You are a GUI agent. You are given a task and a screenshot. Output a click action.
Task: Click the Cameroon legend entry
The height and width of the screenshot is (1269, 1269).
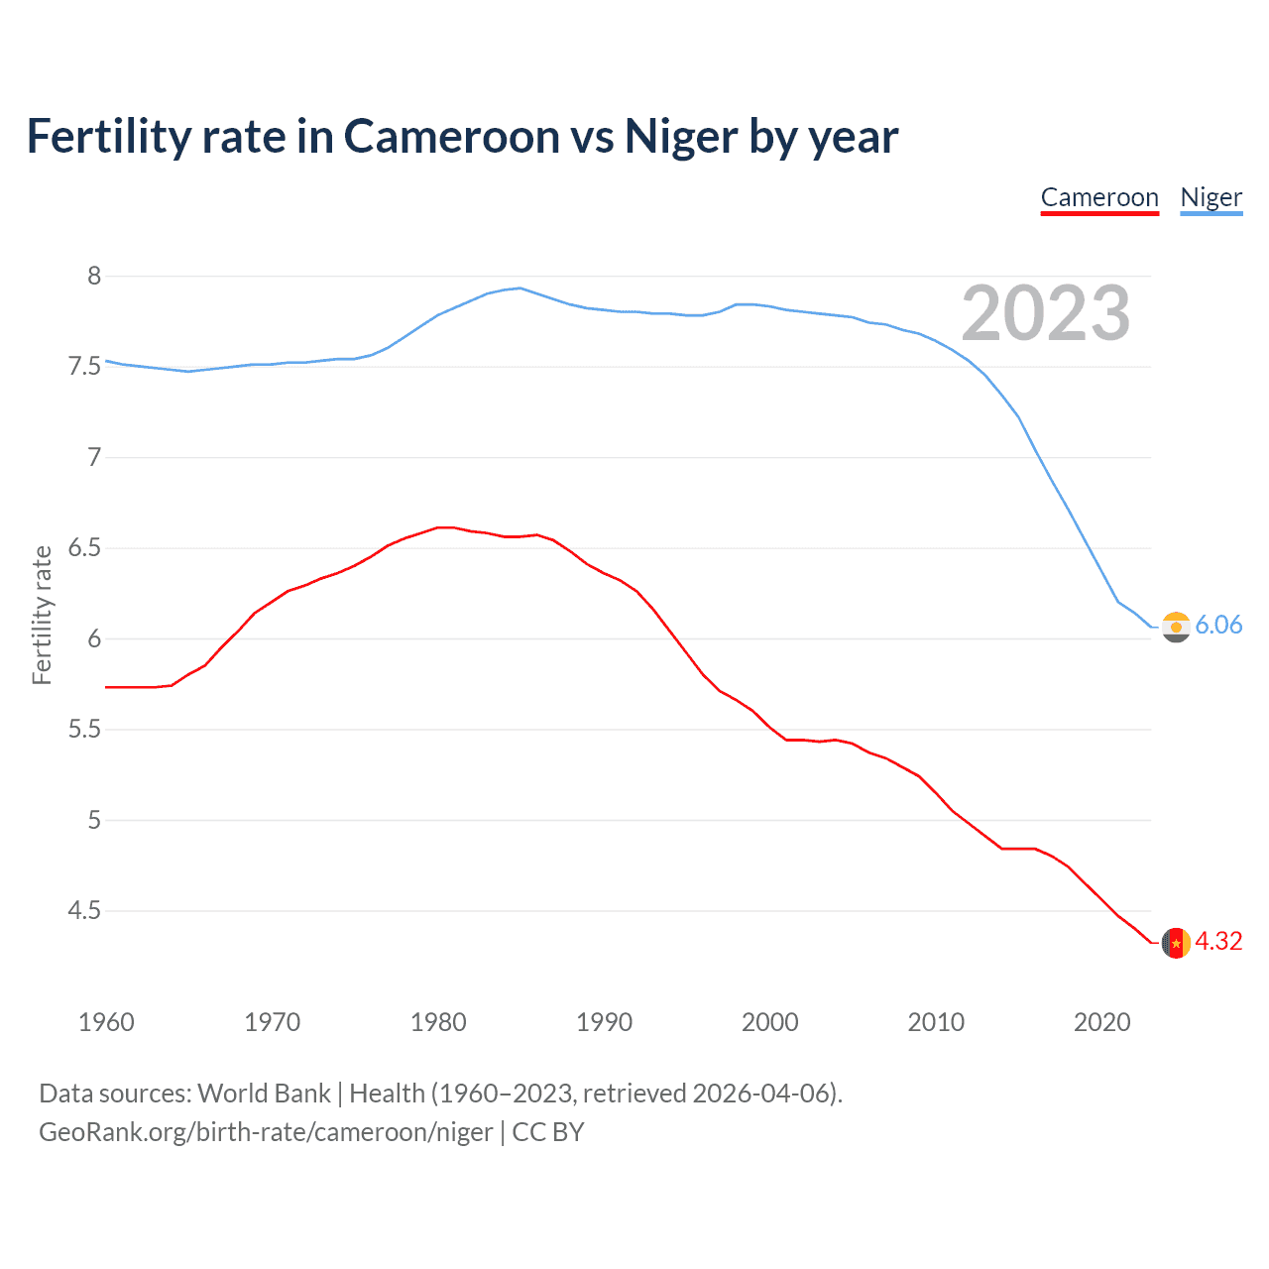click(1099, 197)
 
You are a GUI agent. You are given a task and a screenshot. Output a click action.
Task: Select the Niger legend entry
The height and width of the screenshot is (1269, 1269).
click(1211, 197)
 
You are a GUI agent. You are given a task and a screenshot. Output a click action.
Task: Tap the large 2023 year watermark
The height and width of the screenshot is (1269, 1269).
click(1046, 313)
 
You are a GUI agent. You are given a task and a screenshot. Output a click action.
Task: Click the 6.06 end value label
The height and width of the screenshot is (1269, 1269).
click(1218, 625)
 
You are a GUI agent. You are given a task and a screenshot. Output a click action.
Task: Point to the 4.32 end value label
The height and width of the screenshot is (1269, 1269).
click(1218, 941)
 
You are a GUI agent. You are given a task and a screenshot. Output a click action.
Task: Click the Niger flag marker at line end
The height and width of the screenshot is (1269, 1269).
click(1176, 627)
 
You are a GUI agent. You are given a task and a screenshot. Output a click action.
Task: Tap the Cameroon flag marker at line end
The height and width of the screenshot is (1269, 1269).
click(1176, 943)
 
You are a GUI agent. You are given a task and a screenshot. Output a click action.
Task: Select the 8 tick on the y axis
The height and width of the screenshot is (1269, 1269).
click(94, 276)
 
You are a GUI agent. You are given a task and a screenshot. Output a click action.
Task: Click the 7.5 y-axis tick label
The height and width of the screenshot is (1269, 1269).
click(85, 367)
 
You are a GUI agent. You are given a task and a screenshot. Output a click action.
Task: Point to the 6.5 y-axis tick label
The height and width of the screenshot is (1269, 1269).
click(85, 548)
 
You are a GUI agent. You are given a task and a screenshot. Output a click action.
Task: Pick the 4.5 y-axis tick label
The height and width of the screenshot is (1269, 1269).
click(85, 910)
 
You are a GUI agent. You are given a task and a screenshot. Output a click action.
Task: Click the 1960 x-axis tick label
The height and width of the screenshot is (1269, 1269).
click(106, 1022)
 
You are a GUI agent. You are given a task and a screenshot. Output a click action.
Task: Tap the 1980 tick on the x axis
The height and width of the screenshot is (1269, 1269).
click(438, 1022)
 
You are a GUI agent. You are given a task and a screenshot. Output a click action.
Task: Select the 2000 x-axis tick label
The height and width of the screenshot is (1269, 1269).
click(770, 1022)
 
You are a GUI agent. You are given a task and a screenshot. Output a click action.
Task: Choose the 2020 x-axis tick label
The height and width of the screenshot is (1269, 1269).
click(1101, 1022)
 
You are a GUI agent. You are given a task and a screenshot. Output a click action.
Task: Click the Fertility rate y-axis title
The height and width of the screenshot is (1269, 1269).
click(42, 615)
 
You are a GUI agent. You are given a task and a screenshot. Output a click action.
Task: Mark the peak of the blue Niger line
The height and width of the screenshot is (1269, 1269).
click(519, 288)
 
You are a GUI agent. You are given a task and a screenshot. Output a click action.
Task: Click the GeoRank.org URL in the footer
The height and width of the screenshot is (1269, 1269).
click(266, 1132)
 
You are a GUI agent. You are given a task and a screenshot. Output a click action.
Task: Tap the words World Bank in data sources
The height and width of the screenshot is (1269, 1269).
click(264, 1094)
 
